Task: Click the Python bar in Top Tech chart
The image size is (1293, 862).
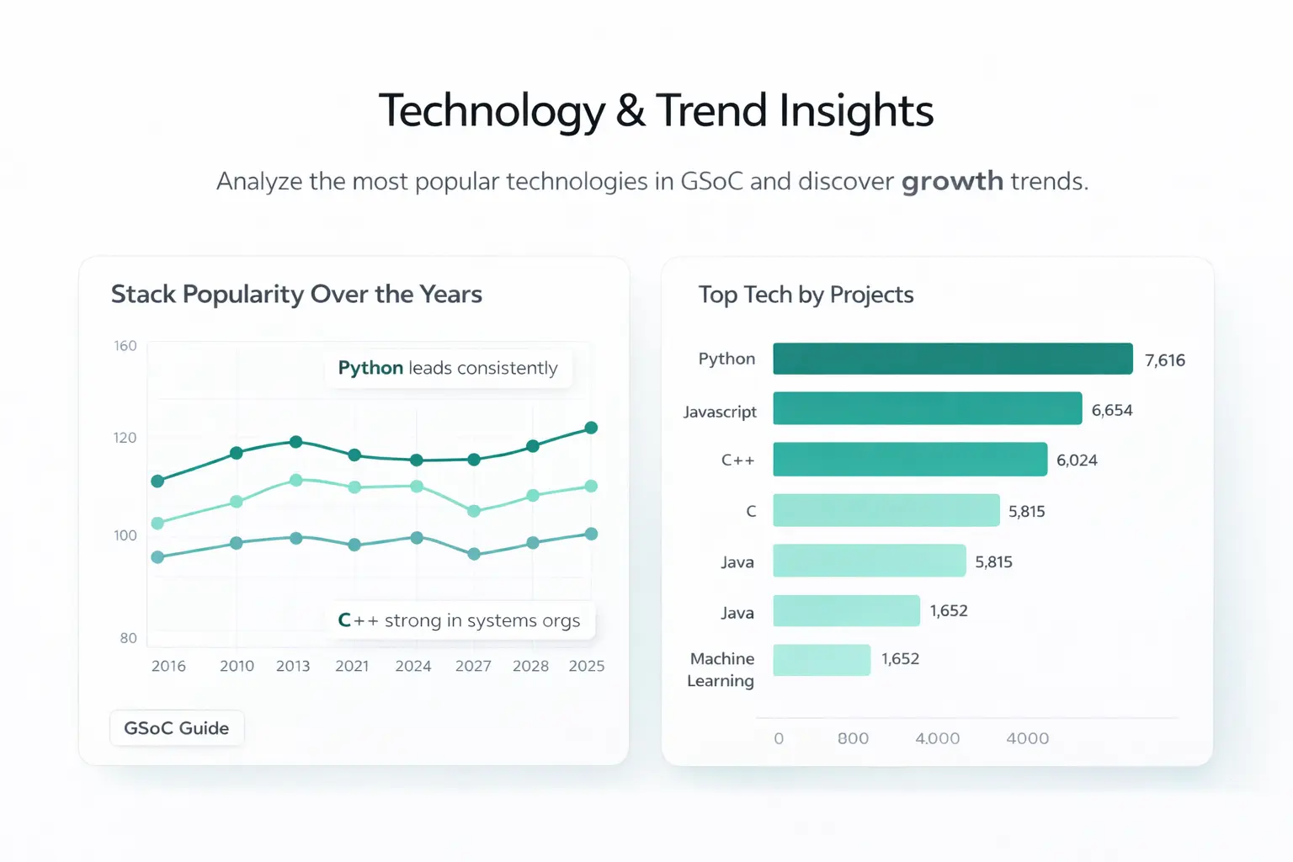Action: (x=952, y=359)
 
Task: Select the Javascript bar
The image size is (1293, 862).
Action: (x=927, y=408)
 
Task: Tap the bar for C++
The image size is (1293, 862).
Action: (x=909, y=460)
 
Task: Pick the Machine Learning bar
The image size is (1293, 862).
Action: (x=822, y=660)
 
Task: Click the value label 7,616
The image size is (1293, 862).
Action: (x=1164, y=360)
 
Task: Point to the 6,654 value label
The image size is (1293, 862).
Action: (x=1111, y=410)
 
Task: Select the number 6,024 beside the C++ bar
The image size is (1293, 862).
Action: (x=1077, y=460)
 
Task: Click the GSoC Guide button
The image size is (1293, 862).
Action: (x=177, y=728)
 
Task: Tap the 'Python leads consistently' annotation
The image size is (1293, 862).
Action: (x=448, y=369)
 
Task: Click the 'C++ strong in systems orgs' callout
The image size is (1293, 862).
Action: (x=460, y=620)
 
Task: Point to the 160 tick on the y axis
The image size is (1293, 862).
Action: (x=125, y=346)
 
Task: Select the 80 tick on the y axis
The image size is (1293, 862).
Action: (x=128, y=638)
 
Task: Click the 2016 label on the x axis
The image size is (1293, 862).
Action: (x=168, y=666)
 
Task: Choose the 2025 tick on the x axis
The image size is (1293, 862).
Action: (x=586, y=666)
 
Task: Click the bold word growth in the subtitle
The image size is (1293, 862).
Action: (x=952, y=182)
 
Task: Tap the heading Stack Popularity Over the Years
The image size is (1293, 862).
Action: (x=296, y=295)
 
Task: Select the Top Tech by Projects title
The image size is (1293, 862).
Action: (x=806, y=295)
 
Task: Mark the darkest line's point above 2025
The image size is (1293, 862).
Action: (x=591, y=428)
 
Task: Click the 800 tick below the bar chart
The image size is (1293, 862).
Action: (x=853, y=738)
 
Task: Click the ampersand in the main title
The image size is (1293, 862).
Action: (x=631, y=111)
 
